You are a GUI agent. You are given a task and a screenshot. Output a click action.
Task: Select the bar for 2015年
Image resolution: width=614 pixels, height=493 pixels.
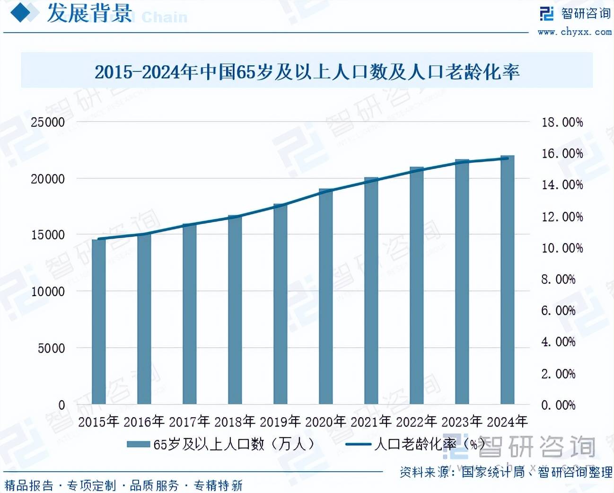98,322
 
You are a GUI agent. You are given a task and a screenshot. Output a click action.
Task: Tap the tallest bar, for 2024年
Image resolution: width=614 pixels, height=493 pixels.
508,280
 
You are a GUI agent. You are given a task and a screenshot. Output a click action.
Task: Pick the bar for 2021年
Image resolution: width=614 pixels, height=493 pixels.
371,291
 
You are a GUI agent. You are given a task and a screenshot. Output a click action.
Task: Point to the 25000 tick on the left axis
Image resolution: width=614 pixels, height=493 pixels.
48,122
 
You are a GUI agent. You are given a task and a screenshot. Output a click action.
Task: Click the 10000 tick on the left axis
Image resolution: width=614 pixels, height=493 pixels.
48,291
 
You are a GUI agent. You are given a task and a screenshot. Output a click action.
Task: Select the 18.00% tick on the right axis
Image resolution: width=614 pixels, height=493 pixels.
562,123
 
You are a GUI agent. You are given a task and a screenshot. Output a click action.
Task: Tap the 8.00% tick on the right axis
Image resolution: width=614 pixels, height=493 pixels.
558,279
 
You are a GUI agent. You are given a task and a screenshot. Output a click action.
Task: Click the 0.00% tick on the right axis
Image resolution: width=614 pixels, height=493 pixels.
558,405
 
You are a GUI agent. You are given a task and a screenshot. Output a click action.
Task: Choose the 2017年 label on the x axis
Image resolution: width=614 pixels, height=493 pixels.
189,421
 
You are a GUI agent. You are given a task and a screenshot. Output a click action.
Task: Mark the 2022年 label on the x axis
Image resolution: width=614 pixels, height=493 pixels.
416,421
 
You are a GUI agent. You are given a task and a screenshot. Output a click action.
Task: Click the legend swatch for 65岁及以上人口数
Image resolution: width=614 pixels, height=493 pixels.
138,444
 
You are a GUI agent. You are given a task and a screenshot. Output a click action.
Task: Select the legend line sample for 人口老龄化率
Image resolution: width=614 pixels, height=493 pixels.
358,444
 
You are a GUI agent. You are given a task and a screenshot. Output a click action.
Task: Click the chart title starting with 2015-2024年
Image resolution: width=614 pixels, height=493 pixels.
307,72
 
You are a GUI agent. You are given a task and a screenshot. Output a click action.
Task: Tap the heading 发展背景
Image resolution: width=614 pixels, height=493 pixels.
89,13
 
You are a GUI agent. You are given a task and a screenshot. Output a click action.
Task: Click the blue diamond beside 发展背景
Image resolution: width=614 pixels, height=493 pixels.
24,13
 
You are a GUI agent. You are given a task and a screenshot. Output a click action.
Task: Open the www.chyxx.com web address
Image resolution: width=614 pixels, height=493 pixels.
574,32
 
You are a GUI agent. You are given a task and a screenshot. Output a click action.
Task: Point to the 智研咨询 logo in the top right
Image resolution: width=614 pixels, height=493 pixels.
575,13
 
